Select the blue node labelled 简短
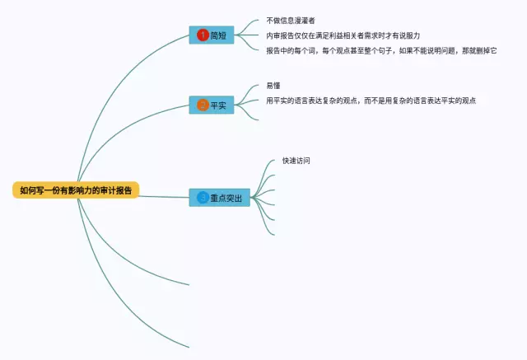tap(212, 35)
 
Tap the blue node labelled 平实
tap(212, 105)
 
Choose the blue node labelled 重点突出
tap(219, 198)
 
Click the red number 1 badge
tap(203, 35)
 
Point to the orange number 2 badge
tap(203, 105)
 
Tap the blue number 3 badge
tap(203, 198)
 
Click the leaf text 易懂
tap(273, 86)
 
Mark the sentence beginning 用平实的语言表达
tap(371, 101)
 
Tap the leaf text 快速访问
tap(296, 161)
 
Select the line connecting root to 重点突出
tap(165, 195)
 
